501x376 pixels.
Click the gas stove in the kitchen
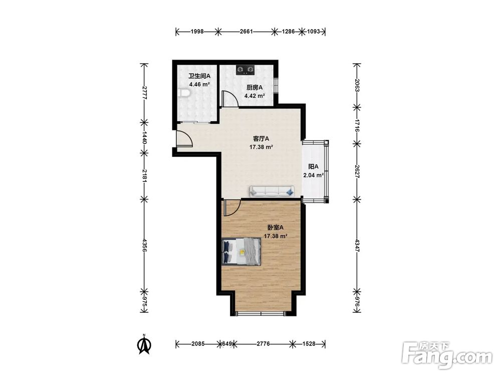245,70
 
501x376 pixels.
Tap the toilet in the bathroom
184,93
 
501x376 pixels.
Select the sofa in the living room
272,191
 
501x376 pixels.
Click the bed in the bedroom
241,251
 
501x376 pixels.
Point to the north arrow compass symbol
144,344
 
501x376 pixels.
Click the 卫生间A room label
199,76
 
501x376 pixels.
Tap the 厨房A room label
255,87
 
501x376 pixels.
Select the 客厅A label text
261,139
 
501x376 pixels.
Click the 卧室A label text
276,228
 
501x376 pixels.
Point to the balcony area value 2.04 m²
314,175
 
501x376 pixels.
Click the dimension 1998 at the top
197,31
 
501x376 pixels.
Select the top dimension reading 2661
246,31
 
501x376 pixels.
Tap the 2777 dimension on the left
144,93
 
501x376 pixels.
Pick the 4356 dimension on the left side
144,245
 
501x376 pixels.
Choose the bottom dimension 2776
264,344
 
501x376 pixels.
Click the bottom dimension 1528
309,344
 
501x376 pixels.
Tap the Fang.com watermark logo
447,355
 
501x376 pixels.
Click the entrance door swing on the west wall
184,139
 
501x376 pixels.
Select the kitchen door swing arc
230,98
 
